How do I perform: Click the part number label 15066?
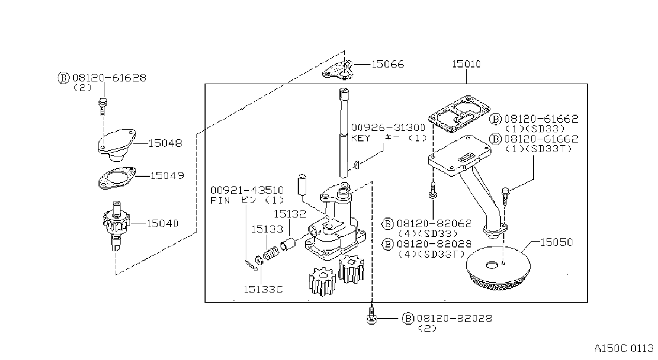388,64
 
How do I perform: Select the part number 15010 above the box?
466,64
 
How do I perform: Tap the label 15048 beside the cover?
165,144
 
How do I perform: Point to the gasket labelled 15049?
117,178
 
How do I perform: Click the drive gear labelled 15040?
116,225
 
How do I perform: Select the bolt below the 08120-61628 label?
102,107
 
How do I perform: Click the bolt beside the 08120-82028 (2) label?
372,316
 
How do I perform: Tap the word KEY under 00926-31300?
360,138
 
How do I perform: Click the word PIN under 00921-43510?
220,200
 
